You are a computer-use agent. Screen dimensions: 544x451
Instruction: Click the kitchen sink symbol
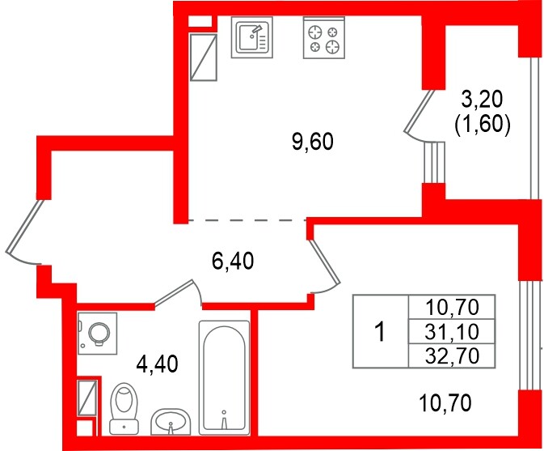tap(252, 37)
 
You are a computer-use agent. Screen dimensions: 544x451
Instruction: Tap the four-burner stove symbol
tap(324, 37)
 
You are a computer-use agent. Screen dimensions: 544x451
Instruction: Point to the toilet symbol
tap(124, 409)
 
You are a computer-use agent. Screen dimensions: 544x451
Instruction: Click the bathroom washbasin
tap(171, 422)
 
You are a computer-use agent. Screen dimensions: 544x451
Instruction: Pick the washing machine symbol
tap(98, 334)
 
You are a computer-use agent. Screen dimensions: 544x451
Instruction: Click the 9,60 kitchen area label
tap(313, 142)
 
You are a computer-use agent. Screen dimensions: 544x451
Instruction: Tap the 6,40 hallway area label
tap(233, 261)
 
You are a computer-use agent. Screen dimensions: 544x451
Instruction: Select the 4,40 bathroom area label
tap(158, 364)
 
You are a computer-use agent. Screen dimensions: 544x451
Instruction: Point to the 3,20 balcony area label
tap(482, 100)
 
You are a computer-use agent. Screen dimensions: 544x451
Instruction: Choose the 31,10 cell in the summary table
tap(452, 331)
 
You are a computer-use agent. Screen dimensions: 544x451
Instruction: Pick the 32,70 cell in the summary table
tap(452, 355)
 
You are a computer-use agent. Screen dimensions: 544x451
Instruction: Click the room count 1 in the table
tap(381, 331)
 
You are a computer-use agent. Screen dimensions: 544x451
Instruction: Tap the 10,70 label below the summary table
tap(445, 403)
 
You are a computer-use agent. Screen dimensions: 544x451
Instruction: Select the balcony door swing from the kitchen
tap(419, 114)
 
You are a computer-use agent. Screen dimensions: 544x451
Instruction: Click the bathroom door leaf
tap(174, 293)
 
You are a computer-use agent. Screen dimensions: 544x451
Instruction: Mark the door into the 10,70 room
tap(323, 262)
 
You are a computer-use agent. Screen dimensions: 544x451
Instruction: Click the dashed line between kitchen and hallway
tap(247, 220)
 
